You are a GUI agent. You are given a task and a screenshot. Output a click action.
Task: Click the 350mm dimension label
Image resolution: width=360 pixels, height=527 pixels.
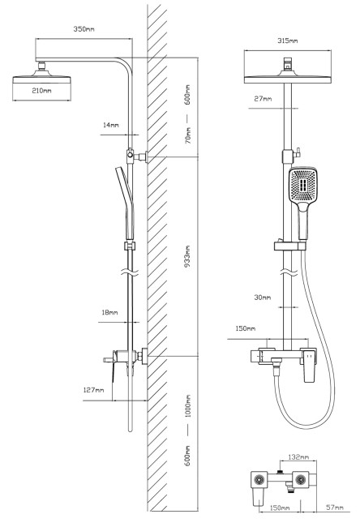(x=84, y=29)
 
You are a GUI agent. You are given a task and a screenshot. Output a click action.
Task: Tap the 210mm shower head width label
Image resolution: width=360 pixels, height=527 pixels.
(x=41, y=91)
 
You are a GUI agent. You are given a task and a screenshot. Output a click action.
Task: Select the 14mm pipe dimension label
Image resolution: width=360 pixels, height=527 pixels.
(x=111, y=125)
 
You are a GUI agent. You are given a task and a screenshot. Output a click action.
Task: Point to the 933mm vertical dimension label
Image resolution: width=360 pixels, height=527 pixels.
(x=187, y=256)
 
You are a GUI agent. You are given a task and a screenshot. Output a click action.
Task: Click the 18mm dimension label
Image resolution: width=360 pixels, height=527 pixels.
(x=109, y=313)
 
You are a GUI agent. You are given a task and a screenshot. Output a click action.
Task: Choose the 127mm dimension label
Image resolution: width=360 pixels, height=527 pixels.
(x=93, y=390)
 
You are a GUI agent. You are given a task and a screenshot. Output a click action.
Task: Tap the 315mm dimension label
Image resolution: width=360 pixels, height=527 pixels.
(x=287, y=41)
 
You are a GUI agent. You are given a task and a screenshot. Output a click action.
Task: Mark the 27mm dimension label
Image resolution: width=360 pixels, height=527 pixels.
(x=263, y=99)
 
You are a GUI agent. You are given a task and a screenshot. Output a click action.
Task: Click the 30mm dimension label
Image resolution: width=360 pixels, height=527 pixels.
(x=263, y=298)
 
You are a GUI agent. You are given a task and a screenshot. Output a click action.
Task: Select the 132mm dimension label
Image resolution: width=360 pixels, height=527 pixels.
(x=298, y=457)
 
